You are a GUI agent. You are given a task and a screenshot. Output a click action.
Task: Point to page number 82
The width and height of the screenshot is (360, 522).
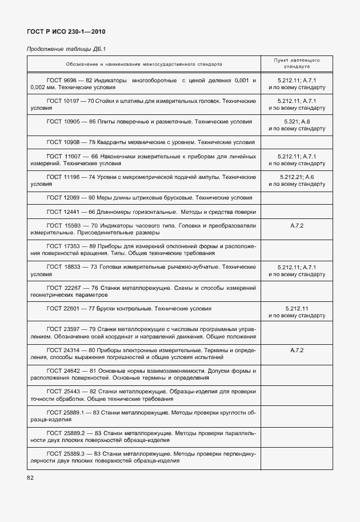(x=30, y=477)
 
